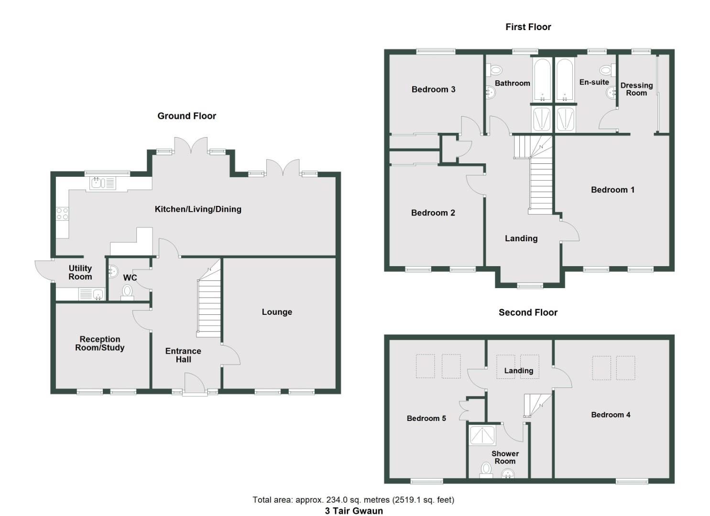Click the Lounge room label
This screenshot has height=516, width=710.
[x=277, y=312]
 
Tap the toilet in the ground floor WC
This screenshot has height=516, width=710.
[x=127, y=291]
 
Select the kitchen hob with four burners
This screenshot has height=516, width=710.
[x=62, y=214]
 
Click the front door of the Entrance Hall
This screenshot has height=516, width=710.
[x=195, y=384]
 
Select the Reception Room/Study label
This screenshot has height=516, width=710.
[x=99, y=344]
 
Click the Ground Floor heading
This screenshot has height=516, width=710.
[x=186, y=116]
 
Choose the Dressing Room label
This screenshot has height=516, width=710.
[x=636, y=89]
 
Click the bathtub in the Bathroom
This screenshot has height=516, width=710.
[x=542, y=79]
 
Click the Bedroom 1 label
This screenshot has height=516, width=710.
[x=612, y=190]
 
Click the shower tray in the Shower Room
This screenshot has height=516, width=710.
[x=483, y=435]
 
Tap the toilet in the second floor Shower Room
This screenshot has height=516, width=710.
[x=486, y=469]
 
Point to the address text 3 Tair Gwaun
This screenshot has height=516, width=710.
[x=354, y=511]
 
